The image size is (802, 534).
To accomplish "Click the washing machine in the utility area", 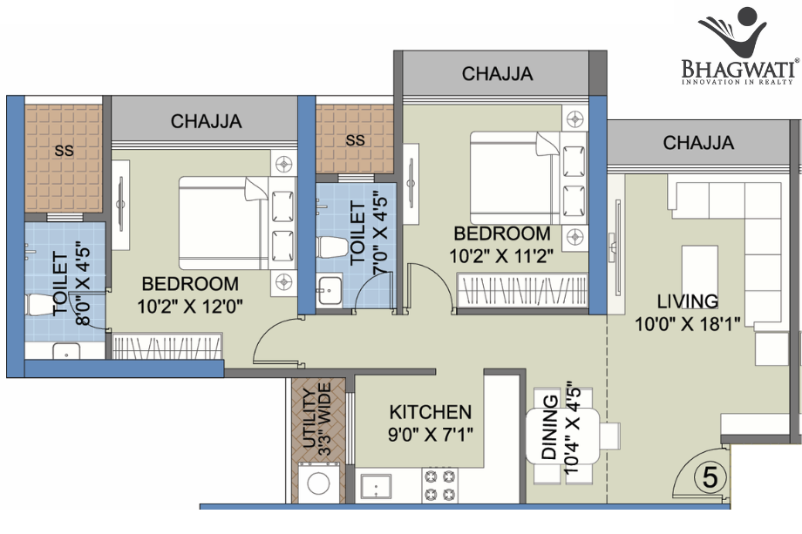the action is click(x=318, y=483).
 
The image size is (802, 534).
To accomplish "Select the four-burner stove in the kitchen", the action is click(x=440, y=485).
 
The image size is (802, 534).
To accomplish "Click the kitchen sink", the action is click(x=376, y=485).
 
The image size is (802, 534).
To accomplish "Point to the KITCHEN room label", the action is click(x=430, y=412).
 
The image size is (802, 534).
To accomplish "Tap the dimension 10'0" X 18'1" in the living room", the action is click(x=688, y=323).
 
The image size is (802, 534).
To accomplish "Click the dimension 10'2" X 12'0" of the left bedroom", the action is click(x=190, y=306).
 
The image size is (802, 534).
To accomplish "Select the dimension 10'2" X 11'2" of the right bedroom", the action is click(x=501, y=255).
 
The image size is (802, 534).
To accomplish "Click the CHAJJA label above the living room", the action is click(x=698, y=143).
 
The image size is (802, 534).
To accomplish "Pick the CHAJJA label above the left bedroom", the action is click(x=206, y=121).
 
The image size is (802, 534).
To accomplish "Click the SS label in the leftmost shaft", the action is click(x=64, y=151).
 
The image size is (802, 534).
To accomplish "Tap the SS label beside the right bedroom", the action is click(x=355, y=140).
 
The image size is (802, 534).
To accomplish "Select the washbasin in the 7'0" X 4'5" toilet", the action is click(x=330, y=290).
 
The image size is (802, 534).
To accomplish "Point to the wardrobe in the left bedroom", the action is click(x=167, y=346).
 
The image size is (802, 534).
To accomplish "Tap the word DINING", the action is click(x=549, y=427).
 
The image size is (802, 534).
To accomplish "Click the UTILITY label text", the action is click(x=309, y=418).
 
